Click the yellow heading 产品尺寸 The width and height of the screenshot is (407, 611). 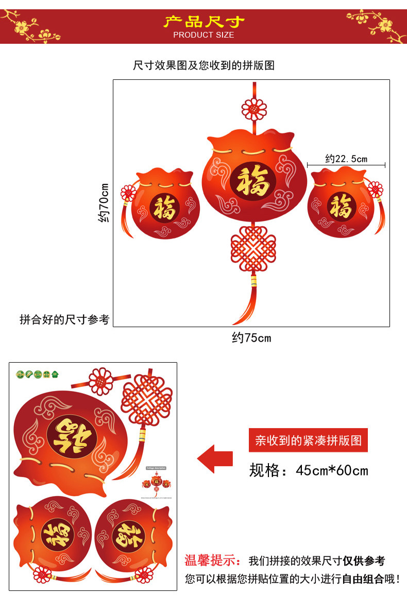click(x=203, y=22)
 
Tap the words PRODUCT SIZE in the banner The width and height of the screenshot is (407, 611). click(x=203, y=35)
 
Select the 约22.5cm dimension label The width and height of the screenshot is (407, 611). click(x=346, y=158)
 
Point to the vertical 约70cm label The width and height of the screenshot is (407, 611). click(x=105, y=203)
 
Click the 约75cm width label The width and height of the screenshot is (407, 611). click(x=251, y=338)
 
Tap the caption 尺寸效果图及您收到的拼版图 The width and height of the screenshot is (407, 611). click(x=203, y=65)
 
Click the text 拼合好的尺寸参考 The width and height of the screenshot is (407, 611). click(x=64, y=319)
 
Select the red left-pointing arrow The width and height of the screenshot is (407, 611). click(x=215, y=459)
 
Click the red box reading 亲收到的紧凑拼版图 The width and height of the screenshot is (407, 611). click(x=308, y=440)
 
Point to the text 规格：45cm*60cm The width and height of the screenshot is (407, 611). click(x=308, y=470)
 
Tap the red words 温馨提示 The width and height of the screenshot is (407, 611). click(x=212, y=561)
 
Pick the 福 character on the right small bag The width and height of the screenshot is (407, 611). click(x=341, y=207)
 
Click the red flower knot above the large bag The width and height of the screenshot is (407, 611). click(x=253, y=109)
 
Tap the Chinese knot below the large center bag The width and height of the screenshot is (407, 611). click(x=253, y=249)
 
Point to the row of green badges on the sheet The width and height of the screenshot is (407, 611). click(x=38, y=375)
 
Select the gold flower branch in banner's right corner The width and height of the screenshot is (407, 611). click(x=378, y=23)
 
